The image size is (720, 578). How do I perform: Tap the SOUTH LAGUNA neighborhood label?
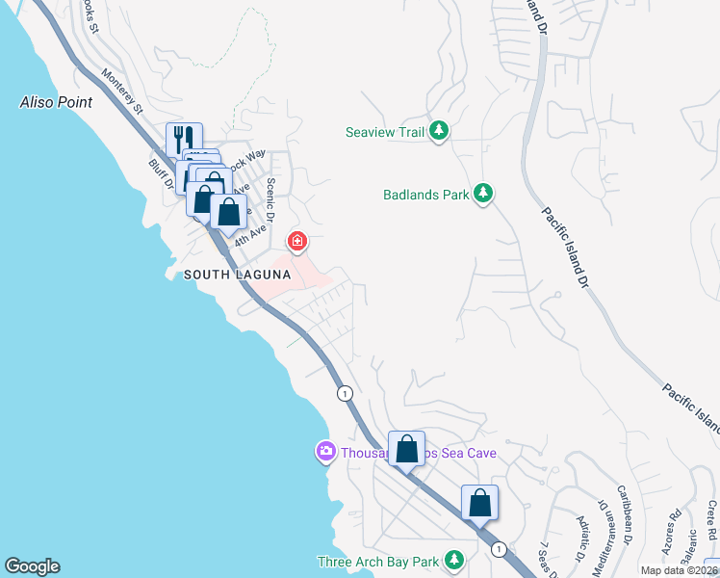tap(237, 276)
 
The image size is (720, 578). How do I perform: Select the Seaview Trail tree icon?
tap(439, 132)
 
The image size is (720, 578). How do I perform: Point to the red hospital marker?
tap(297, 241)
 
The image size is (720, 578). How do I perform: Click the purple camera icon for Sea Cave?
tap(326, 451)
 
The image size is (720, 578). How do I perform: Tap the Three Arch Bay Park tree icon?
tap(453, 561)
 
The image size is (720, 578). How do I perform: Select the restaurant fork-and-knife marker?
tap(183, 139)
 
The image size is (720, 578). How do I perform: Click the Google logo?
tap(32, 566)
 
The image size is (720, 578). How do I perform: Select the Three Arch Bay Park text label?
tap(378, 562)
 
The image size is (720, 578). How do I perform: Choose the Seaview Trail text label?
tap(385, 132)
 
